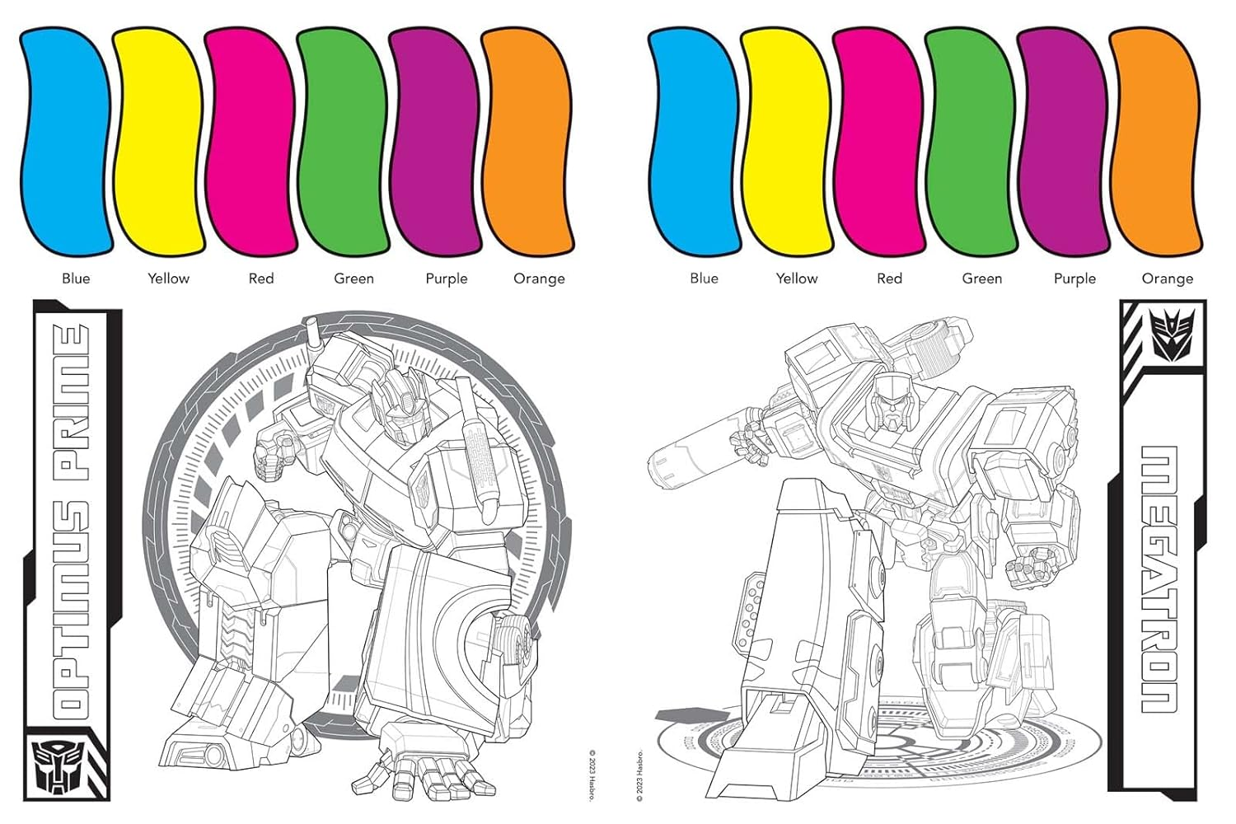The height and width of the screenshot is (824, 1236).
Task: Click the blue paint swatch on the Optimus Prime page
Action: point(66,142)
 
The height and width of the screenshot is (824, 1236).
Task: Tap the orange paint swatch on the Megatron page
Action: point(1154,142)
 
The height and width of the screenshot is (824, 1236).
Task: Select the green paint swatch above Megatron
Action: point(971,142)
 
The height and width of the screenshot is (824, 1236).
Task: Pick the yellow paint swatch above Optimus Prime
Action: point(158,142)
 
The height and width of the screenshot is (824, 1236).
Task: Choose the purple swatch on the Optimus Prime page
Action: point(435,142)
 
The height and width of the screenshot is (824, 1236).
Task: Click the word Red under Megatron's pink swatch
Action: point(889,279)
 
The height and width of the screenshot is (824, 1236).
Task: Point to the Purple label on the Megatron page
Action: point(1074,279)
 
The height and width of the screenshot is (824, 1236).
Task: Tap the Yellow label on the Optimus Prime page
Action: point(168,279)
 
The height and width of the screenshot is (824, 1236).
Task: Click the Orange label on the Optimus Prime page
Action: point(539,279)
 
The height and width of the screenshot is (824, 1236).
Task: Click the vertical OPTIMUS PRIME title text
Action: point(70,519)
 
